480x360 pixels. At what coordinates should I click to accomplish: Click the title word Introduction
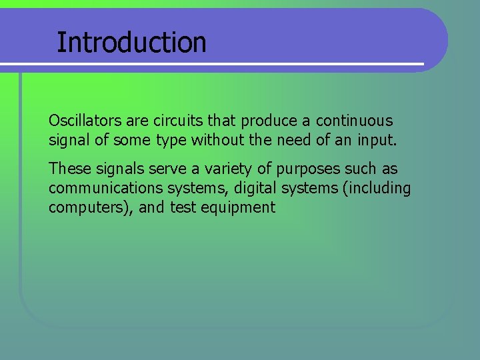pyautogui.click(x=131, y=42)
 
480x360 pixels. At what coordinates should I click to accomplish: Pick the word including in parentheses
pyautogui.click(x=378, y=189)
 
